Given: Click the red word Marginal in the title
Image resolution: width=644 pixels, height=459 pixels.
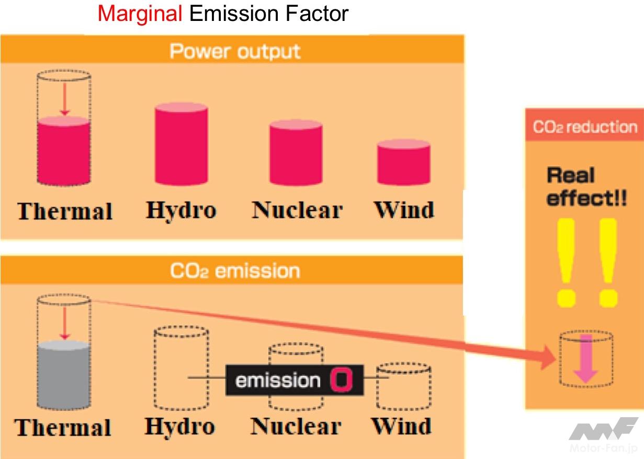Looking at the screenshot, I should coord(140,13).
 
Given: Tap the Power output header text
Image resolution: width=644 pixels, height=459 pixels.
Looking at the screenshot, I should coord(235,51).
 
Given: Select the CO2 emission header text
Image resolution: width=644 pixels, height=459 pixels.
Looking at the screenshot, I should coord(235,271).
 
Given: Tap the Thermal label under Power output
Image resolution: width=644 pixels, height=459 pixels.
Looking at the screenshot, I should coord(65,211).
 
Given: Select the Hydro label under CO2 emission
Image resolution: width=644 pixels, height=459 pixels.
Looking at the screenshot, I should coord(179,427).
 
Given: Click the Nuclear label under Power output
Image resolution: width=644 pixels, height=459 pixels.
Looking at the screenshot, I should coord(297,210).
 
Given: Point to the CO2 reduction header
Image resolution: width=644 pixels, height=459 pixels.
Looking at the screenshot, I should coord(584,127).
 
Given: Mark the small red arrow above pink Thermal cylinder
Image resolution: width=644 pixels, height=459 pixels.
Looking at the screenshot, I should coord(64,99).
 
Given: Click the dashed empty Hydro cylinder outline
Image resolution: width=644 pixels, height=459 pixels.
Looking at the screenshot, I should coord(180,366).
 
